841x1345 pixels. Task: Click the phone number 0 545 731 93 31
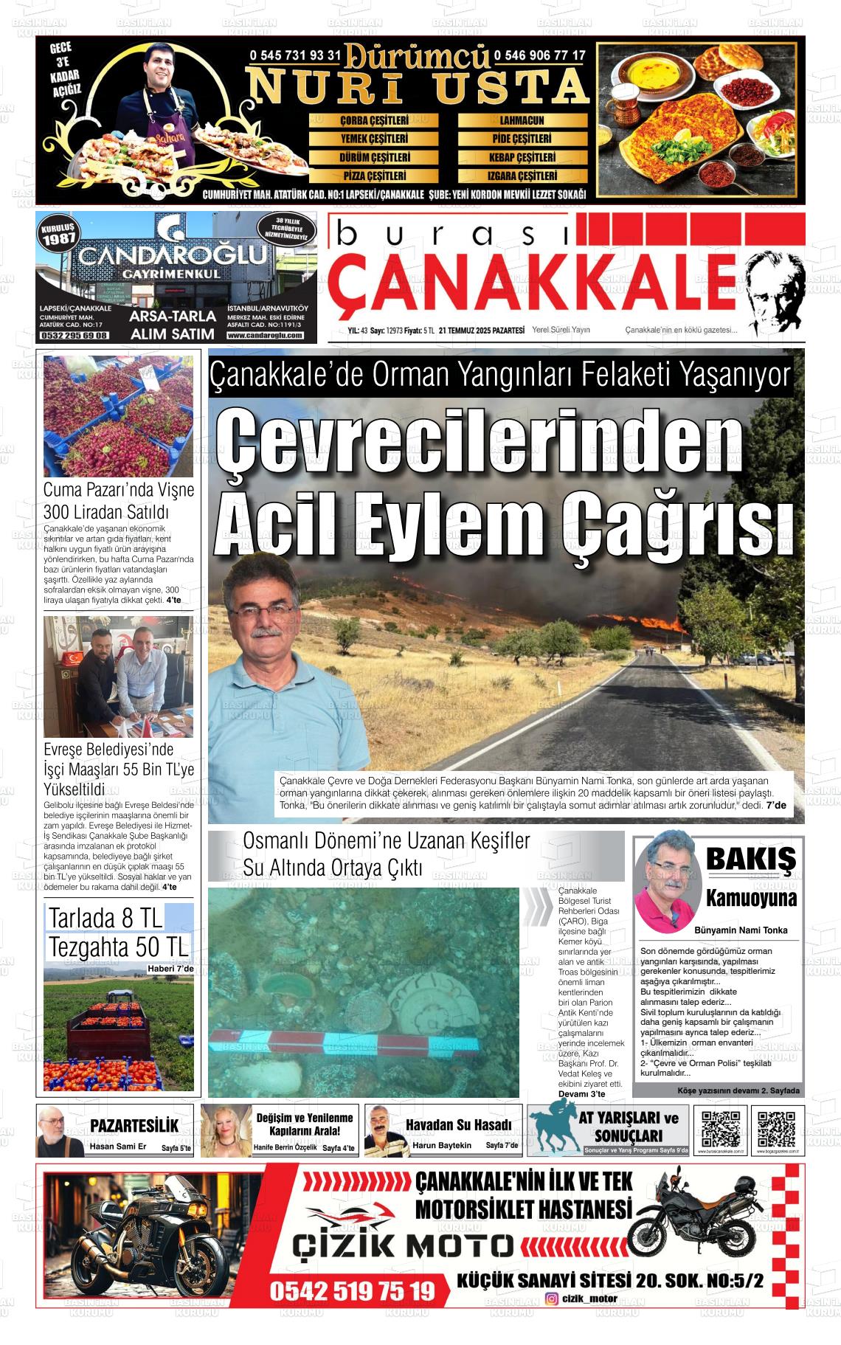coord(296,55)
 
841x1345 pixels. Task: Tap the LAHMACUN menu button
coord(522,120)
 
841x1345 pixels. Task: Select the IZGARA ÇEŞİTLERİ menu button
coord(522,176)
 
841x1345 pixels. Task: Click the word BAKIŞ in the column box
coord(750,859)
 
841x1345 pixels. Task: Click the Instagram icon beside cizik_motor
coord(551,1319)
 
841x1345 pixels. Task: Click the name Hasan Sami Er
coord(118,1146)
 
